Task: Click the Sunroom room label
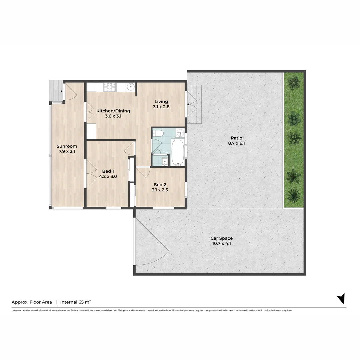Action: pos(67,146)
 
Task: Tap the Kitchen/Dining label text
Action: pos(113,111)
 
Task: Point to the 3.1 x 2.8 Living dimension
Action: pos(161,107)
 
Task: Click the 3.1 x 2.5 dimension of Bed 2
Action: pos(160,190)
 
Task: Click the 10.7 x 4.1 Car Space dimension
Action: pos(221,243)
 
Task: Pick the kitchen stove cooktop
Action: pos(110,87)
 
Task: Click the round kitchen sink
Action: pos(131,87)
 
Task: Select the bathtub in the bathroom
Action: pos(178,152)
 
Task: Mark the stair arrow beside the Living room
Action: pos(189,104)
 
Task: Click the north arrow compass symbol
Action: pos(341,298)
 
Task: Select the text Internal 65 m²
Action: pos(76,302)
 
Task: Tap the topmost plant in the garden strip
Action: pos(294,83)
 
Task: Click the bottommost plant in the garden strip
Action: pos(294,195)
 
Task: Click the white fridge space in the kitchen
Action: pos(91,131)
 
